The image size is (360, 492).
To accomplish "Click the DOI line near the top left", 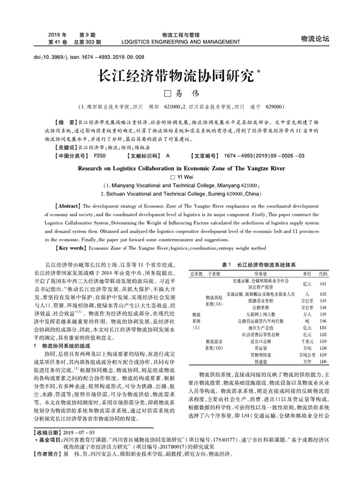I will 81,57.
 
